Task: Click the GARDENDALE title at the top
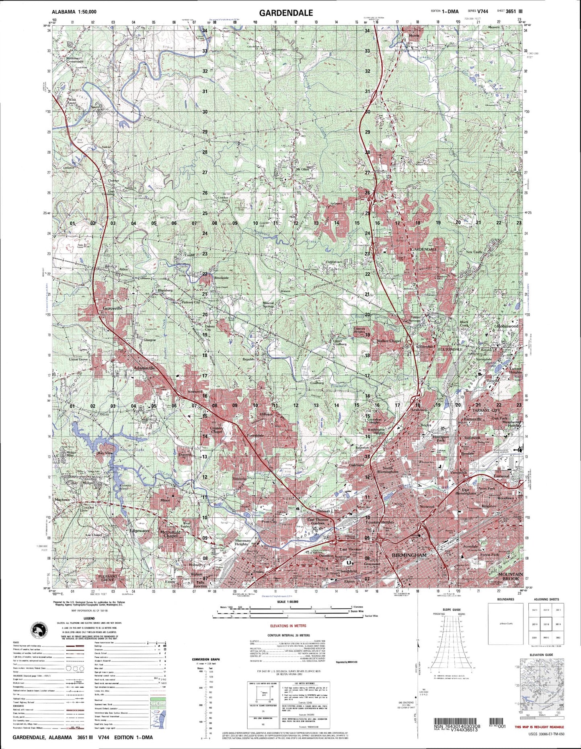click(286, 13)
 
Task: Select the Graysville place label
click(113, 308)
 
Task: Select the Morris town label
click(414, 35)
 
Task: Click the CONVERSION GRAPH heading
click(207, 659)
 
